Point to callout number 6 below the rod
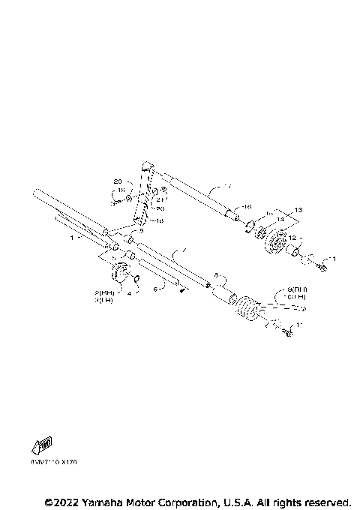(x=155, y=286)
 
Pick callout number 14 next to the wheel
(x=281, y=218)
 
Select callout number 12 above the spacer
(x=293, y=238)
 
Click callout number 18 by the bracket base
(x=159, y=222)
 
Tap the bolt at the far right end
(x=324, y=265)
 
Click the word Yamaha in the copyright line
(x=108, y=501)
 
